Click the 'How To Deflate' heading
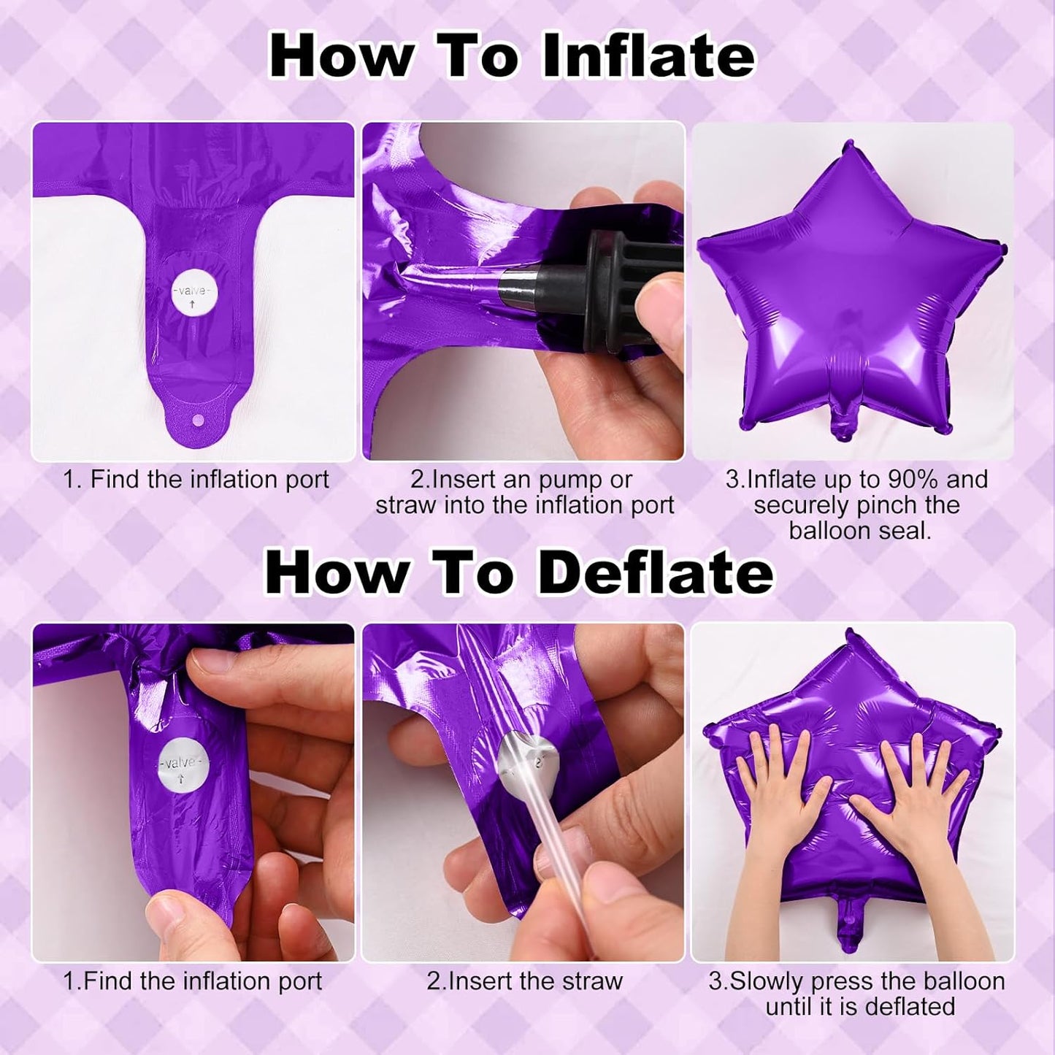[518, 573]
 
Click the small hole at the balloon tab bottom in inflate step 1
[196, 422]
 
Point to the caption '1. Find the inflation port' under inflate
[196, 480]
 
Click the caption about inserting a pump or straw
[524, 493]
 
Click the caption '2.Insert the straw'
[524, 981]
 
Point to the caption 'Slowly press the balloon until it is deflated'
[857, 994]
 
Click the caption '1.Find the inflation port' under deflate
[193, 981]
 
